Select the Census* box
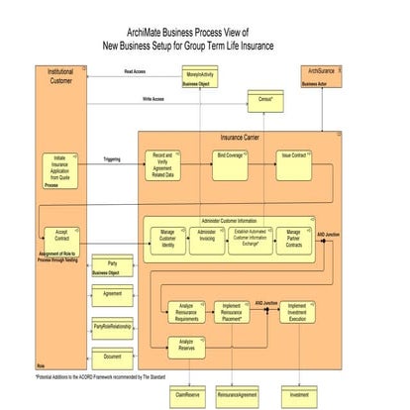265,100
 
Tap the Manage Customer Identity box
168,239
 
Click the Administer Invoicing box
207,238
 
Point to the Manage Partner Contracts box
293,239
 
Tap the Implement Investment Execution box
298,312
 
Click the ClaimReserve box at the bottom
188,393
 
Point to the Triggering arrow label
112,158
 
